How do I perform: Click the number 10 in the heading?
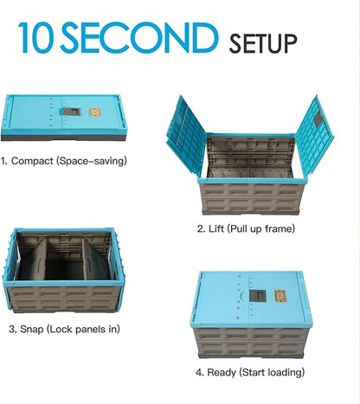(35, 38)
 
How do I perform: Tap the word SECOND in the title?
(138, 38)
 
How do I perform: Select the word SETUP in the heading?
(263, 43)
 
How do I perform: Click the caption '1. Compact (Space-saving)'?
(64, 161)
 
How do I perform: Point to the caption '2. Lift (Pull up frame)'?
(246, 228)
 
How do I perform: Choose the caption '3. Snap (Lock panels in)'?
(64, 329)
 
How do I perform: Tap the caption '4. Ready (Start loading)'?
(250, 372)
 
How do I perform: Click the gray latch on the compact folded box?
(72, 112)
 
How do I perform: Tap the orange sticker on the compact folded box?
(95, 112)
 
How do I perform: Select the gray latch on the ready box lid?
(258, 296)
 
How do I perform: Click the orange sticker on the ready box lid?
(280, 296)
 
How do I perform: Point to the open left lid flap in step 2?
(186, 135)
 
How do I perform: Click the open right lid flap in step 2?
(314, 135)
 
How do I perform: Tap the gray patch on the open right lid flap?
(318, 119)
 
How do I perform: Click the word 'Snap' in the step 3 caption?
(32, 329)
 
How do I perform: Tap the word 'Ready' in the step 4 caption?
(222, 372)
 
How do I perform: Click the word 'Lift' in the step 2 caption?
(216, 228)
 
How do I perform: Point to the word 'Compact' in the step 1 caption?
(32, 161)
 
